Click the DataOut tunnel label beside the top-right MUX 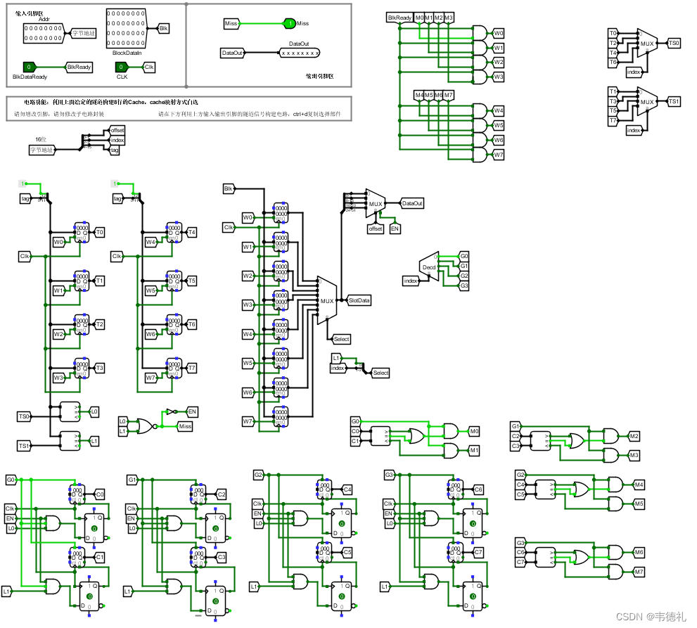(x=412, y=203)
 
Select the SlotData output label (x=359, y=300)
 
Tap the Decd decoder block (x=428, y=267)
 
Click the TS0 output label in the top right (x=673, y=44)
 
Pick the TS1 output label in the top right (x=673, y=101)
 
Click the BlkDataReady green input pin (x=30, y=67)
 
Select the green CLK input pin (x=123, y=67)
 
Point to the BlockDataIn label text (x=127, y=53)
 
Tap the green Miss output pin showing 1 (x=288, y=24)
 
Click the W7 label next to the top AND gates (x=498, y=154)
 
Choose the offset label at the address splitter (x=117, y=131)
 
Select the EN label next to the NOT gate (x=191, y=411)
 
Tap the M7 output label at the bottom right (x=639, y=572)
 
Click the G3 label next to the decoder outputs (x=464, y=286)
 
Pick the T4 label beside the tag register (x=191, y=232)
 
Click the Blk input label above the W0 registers (x=228, y=188)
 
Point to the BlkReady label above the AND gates (x=399, y=17)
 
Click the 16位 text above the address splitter (x=41, y=140)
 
